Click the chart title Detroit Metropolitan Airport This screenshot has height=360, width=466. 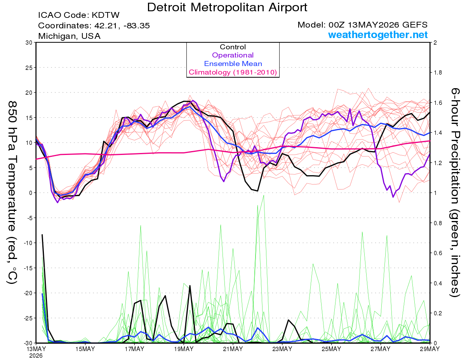(227, 7)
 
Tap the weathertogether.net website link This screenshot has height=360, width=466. (378, 35)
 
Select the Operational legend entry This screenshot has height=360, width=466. (233, 55)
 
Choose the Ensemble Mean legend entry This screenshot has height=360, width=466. (233, 64)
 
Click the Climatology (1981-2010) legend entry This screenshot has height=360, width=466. (233, 72)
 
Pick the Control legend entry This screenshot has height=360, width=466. (233, 47)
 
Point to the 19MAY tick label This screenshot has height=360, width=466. (184, 349)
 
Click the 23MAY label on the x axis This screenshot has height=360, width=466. (282, 349)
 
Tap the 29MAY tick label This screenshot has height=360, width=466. (430, 349)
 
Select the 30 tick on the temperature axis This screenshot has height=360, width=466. (29, 43)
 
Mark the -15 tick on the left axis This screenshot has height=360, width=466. (28, 268)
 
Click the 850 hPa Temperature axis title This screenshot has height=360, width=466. (12, 193)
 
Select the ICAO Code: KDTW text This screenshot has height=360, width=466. (79, 15)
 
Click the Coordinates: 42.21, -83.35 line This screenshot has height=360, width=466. (94, 26)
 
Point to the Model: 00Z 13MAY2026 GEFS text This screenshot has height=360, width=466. (362, 25)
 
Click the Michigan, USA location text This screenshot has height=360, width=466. (69, 36)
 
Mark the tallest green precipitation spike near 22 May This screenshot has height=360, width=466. (263, 196)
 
